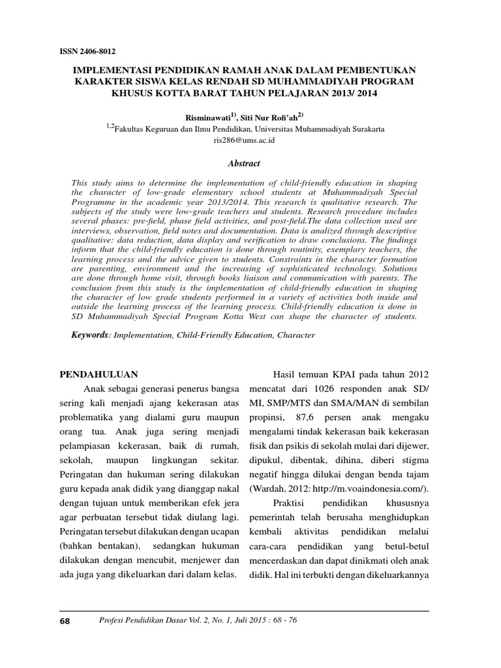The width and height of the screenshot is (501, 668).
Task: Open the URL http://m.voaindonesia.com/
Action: (377, 487)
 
